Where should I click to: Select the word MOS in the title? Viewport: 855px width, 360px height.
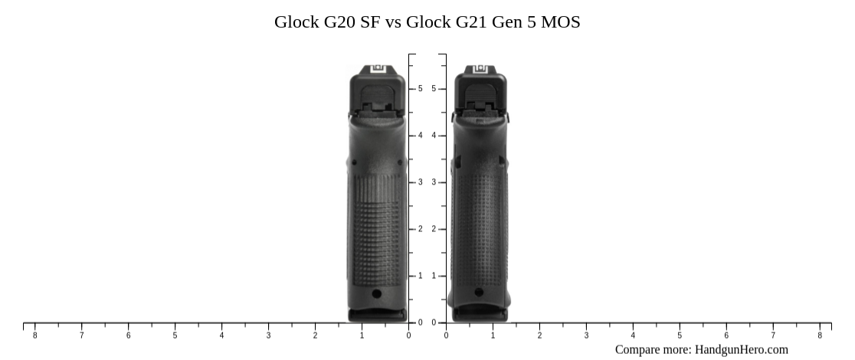[x=560, y=22]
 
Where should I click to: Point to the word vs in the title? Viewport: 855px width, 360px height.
[x=393, y=22]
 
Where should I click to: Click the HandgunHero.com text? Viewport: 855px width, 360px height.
[x=741, y=349]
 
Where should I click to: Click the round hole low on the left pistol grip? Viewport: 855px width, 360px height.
[x=376, y=293]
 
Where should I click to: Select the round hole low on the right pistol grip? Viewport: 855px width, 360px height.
[x=479, y=292]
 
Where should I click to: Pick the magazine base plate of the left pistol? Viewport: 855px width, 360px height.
[x=378, y=314]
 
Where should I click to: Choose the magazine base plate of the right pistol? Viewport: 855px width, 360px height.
[x=479, y=313]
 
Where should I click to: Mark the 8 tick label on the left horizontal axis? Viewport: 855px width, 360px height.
[x=34, y=335]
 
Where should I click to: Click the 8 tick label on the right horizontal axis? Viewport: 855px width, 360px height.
[x=820, y=335]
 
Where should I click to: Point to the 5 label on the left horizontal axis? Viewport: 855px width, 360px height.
[x=175, y=335]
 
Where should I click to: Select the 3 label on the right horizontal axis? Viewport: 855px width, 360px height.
[x=586, y=335]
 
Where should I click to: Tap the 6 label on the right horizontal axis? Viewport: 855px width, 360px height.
[x=726, y=335]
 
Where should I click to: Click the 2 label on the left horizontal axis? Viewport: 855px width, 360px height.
[x=315, y=335]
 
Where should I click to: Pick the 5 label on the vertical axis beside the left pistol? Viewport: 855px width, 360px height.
[x=420, y=89]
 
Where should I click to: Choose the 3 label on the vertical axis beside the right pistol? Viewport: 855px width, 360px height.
[x=434, y=182]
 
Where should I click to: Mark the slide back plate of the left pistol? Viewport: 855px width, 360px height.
[x=378, y=96]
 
